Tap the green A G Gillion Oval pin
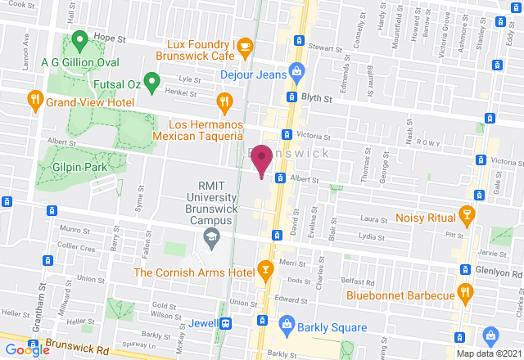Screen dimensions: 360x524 [x=79, y=38]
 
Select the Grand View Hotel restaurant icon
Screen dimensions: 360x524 [x=34, y=101]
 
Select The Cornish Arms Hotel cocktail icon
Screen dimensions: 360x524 [x=264, y=268]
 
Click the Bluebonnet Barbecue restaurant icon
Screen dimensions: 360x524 [x=466, y=292]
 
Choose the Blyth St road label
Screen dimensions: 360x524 [x=315, y=97]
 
